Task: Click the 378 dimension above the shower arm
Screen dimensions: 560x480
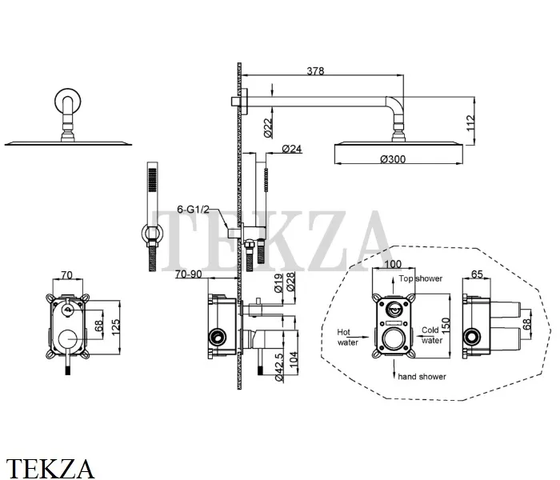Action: coord(315,71)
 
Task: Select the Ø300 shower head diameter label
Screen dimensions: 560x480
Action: coord(393,159)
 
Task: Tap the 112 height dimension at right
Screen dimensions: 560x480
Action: coord(470,123)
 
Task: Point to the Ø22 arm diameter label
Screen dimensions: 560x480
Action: coord(268,127)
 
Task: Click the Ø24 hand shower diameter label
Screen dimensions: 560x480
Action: coord(292,149)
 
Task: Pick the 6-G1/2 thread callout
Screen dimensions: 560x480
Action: coord(194,209)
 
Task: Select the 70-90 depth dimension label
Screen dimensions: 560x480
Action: coord(189,274)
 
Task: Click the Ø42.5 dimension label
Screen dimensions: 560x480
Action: coord(279,366)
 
